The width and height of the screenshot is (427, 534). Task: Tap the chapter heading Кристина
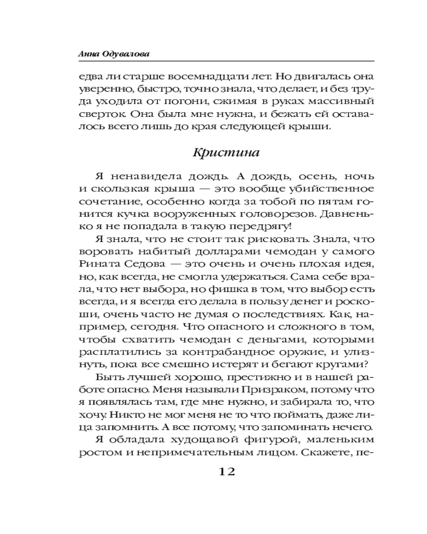(226, 153)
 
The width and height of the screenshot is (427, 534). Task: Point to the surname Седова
(141, 265)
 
